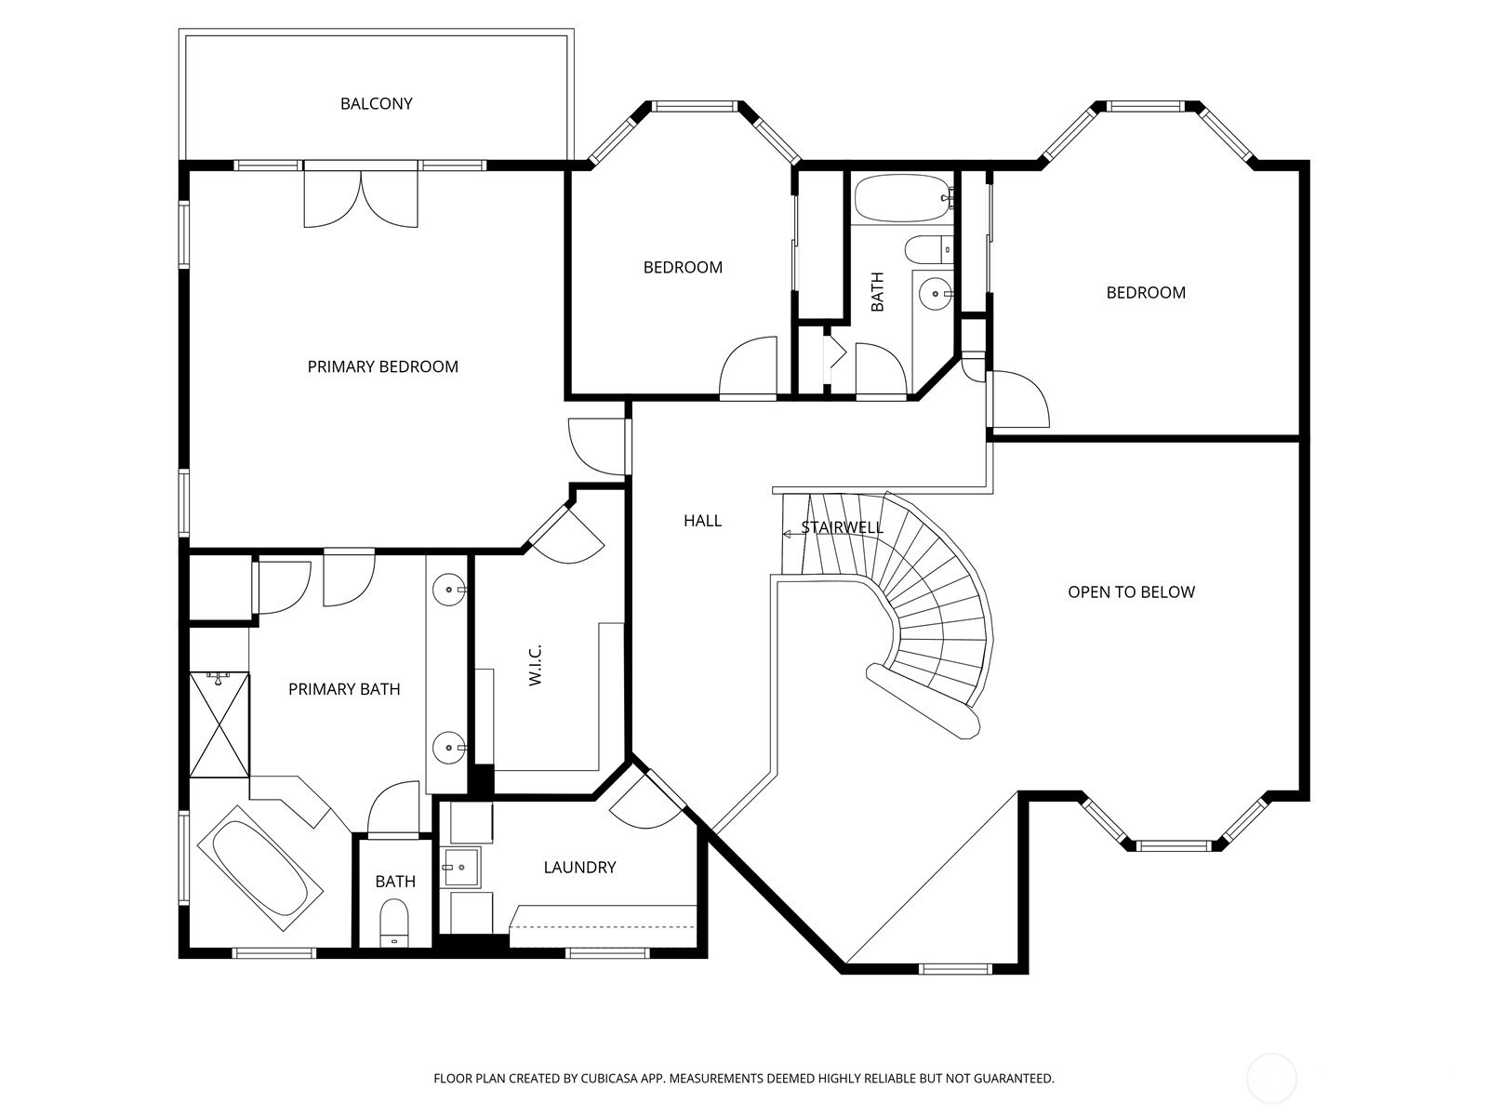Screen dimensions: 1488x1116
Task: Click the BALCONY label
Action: coord(377,103)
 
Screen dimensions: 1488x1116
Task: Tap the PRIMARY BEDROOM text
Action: coord(382,366)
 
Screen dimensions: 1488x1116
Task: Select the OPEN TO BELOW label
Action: coord(1131,592)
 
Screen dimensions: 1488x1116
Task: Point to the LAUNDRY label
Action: coord(579,868)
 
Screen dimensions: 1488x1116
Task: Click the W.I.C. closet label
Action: coord(536,665)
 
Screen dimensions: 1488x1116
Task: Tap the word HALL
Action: coord(702,521)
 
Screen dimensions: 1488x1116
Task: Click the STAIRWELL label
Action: coord(842,527)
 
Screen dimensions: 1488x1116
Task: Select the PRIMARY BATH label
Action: coord(344,689)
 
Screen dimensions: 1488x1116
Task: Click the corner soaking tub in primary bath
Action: coord(260,868)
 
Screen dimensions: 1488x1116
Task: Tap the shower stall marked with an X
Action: coord(219,724)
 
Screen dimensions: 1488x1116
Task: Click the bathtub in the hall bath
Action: coord(904,198)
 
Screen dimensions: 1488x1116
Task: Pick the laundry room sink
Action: coord(461,867)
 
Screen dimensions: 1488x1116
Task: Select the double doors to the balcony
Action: coord(361,197)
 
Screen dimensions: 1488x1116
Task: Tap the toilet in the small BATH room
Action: coord(394,922)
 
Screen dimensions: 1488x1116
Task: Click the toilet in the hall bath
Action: coord(929,249)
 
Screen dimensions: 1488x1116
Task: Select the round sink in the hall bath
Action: coord(937,294)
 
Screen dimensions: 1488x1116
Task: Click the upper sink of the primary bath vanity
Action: coord(449,591)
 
